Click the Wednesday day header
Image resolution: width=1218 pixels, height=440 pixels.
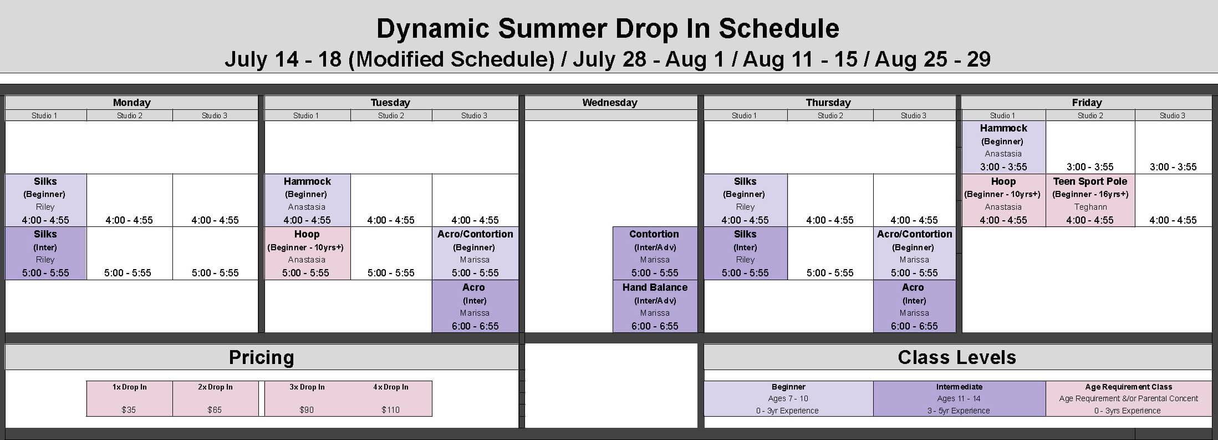(x=610, y=103)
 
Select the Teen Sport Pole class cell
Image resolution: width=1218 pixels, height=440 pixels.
(x=1090, y=200)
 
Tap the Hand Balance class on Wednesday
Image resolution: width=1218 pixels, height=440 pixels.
(x=655, y=306)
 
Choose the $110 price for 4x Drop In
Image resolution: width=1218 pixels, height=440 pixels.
(x=391, y=410)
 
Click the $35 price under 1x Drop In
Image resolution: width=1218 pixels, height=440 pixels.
(x=129, y=410)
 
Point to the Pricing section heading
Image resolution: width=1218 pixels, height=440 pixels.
(x=262, y=358)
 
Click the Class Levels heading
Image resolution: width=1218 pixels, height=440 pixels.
(x=957, y=358)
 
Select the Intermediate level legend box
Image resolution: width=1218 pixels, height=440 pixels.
(x=959, y=398)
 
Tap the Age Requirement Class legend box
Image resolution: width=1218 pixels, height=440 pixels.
(x=1128, y=398)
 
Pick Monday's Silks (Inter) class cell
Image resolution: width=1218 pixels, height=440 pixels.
(x=45, y=253)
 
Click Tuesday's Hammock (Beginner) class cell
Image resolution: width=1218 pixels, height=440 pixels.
(x=307, y=200)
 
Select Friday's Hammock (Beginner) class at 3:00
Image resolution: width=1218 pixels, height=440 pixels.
(x=1003, y=147)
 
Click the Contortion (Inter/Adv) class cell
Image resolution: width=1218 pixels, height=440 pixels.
(x=655, y=253)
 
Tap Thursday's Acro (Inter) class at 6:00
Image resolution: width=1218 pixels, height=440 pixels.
(x=914, y=306)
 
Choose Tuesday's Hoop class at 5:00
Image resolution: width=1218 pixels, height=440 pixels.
(x=307, y=253)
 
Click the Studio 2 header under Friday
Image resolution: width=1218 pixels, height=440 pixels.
(x=1090, y=115)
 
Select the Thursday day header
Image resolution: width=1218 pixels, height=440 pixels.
(x=828, y=103)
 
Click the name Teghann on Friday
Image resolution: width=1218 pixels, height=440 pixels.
(x=1090, y=207)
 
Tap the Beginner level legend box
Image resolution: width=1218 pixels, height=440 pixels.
(x=788, y=398)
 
